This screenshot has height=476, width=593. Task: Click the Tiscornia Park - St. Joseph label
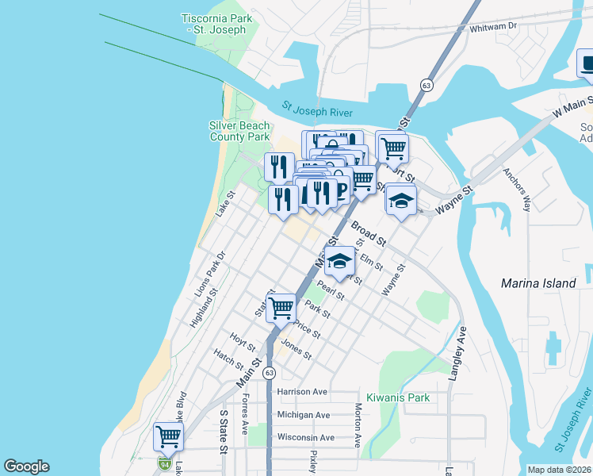[x=216, y=24]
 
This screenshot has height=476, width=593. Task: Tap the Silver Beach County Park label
[x=239, y=131]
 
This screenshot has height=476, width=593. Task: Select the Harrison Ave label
[x=302, y=392]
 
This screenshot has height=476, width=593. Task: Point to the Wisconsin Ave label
[x=305, y=437]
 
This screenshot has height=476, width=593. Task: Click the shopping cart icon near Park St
[x=281, y=308]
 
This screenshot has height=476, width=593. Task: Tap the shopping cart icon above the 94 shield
[x=168, y=436]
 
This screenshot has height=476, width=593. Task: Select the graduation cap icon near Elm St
[x=339, y=260]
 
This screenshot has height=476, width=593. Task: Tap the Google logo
[x=26, y=466]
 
